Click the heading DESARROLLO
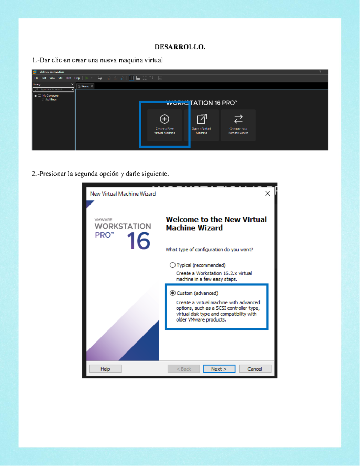coord(180,47)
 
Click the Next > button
coord(219,369)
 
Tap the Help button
coord(105,369)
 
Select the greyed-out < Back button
coord(184,369)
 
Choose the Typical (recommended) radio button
coord(172,265)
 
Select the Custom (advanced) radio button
coord(172,293)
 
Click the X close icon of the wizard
coord(268,194)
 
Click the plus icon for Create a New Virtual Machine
coord(164,119)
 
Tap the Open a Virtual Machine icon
coord(202,119)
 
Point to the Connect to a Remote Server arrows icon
coord(238,119)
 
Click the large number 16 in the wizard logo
coord(138,241)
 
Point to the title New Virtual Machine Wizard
coord(123,194)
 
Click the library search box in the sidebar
coord(53,89)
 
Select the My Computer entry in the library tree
coord(50,96)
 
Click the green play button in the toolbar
coord(87,78)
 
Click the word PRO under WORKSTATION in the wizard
coord(103,235)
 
